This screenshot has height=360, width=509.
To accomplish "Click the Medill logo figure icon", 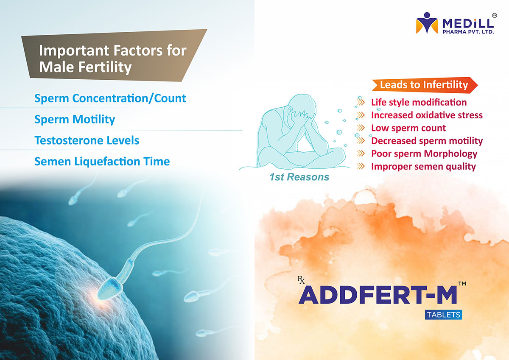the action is point(427,23).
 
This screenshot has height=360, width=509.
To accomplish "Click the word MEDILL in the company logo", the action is point(468,24).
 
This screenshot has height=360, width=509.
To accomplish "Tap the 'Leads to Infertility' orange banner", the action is point(425,85).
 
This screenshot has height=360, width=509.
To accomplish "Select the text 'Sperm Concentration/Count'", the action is point(110,98).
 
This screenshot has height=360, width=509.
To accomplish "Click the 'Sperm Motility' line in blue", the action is point(75,119).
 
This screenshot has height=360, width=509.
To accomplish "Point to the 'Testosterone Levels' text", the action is point(87,140).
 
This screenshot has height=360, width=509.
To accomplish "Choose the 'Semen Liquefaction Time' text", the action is point(102,162).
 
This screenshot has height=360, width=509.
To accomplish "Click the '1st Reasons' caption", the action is point(299,177).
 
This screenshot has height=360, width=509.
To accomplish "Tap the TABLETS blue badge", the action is point(443,315).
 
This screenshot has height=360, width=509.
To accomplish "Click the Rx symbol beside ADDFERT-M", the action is point(301,280).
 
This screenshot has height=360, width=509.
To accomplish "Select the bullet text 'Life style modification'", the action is point(419,103).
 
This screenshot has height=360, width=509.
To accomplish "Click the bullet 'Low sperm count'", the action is point(408,128).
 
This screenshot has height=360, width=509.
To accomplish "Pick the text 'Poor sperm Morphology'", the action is point(424,154).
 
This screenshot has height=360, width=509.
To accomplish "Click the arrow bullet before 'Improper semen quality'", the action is point(361,166).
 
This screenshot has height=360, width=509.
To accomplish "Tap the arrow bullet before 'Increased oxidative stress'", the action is point(361,115).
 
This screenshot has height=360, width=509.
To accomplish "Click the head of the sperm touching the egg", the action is point(110,288).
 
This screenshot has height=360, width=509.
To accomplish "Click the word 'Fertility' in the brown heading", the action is point(105,67).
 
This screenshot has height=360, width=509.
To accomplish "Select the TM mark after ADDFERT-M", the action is point(462,284).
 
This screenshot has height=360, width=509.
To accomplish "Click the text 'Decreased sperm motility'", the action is point(427,141).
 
